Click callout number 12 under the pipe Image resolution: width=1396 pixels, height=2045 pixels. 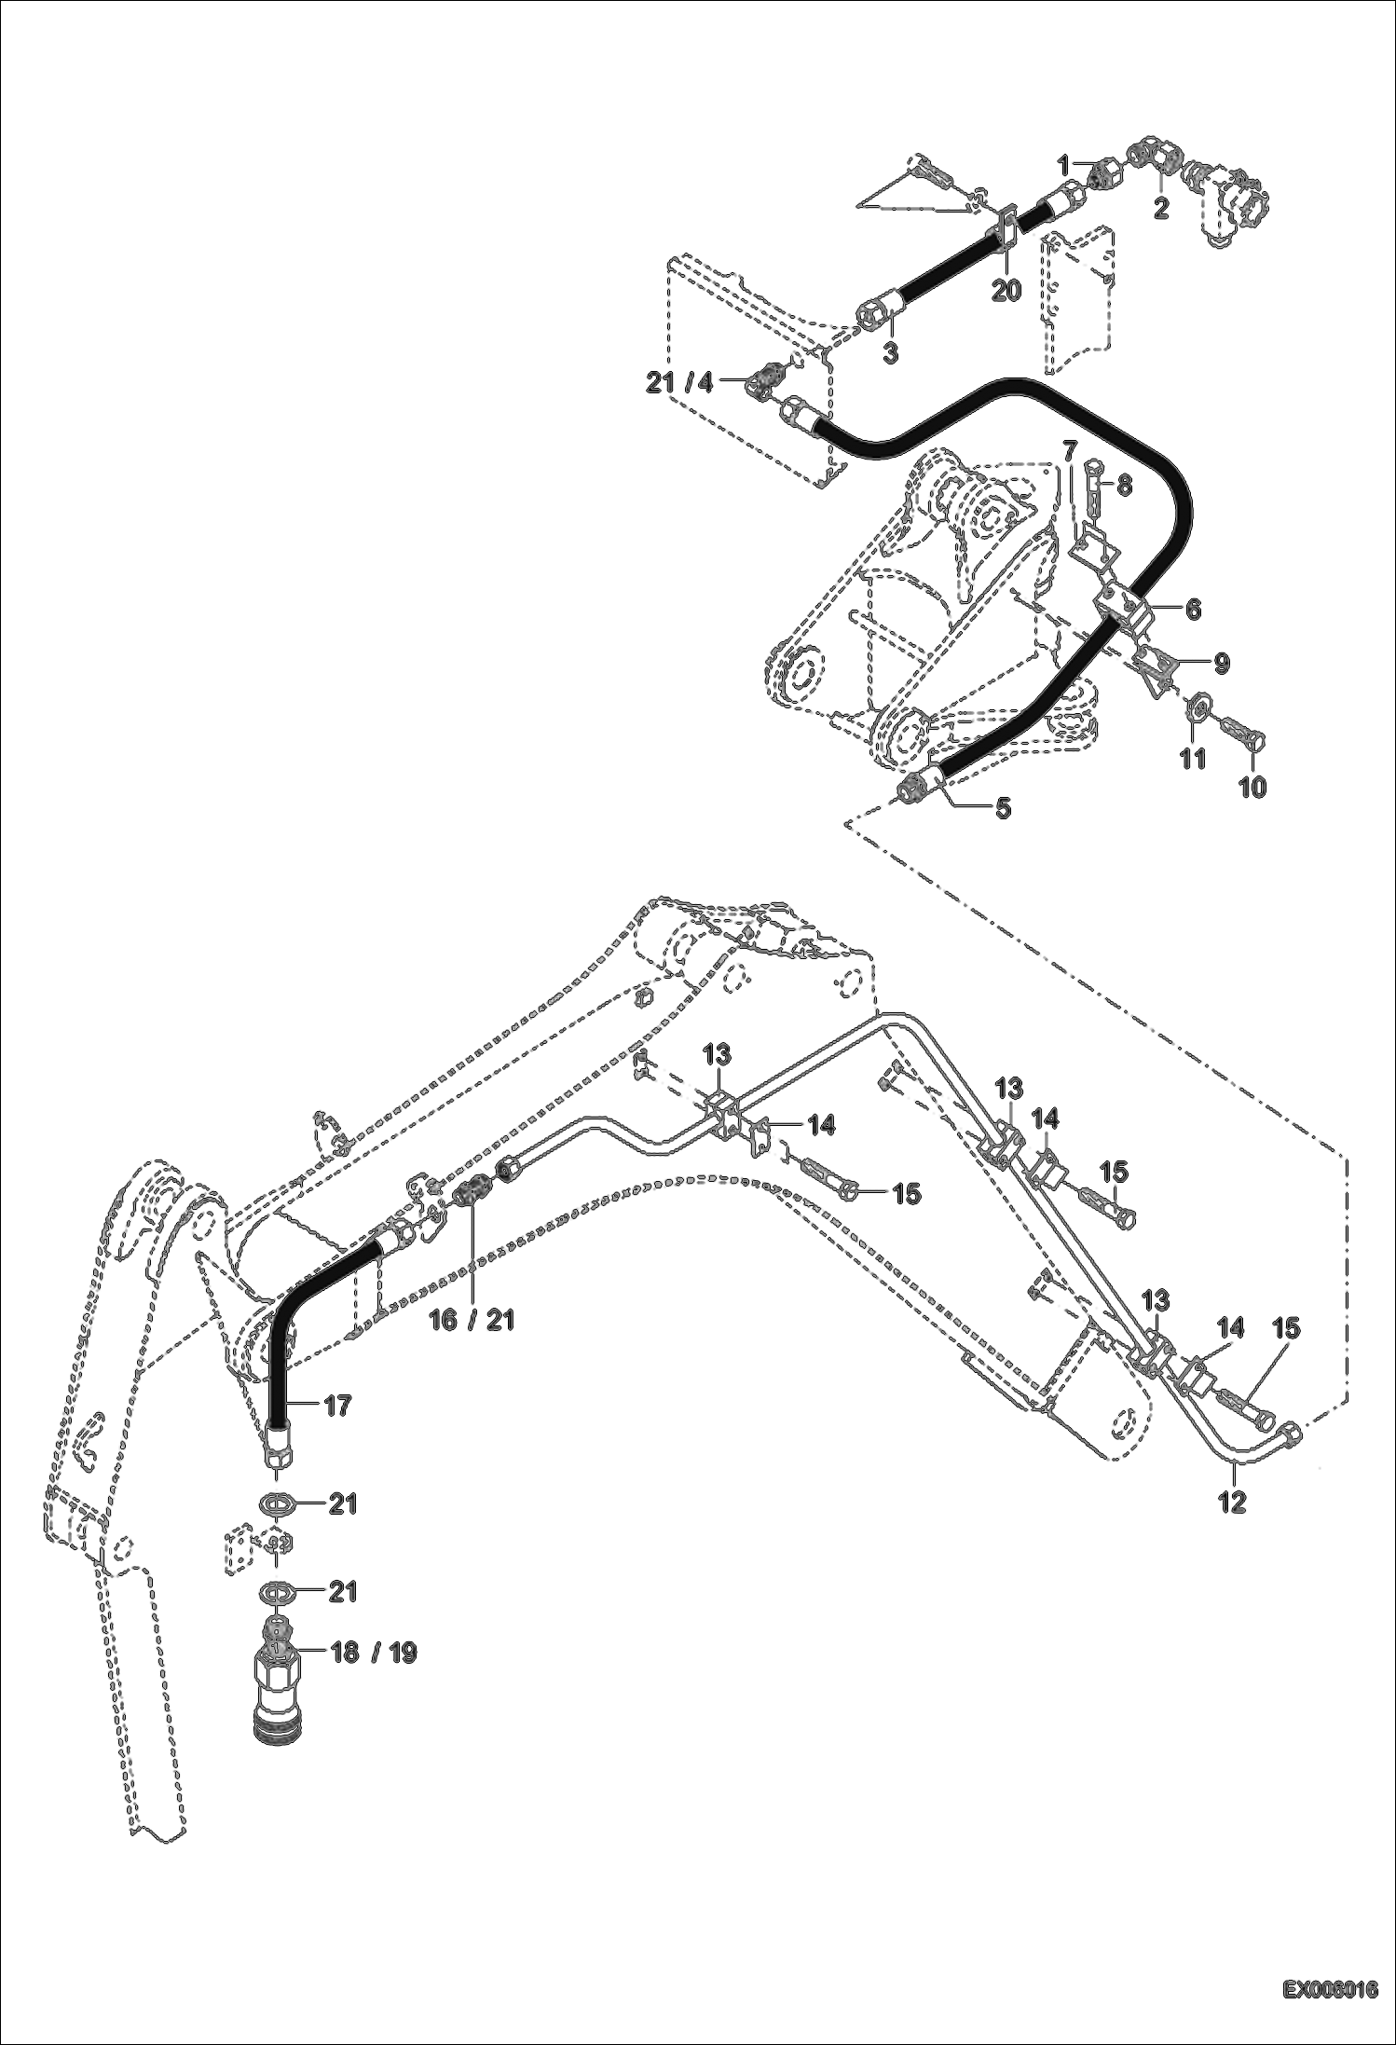[x=1233, y=1501]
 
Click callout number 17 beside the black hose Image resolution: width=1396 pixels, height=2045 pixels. [x=338, y=1405]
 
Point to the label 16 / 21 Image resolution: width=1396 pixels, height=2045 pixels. [x=475, y=1320]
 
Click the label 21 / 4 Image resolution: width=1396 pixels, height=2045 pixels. [x=679, y=381]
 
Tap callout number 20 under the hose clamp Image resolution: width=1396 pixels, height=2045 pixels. [x=1006, y=290]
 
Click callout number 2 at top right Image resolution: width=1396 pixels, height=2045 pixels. [x=1160, y=207]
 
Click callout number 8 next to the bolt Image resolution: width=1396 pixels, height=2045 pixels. [x=1124, y=485]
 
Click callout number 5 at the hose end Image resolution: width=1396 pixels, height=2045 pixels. [x=1003, y=807]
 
